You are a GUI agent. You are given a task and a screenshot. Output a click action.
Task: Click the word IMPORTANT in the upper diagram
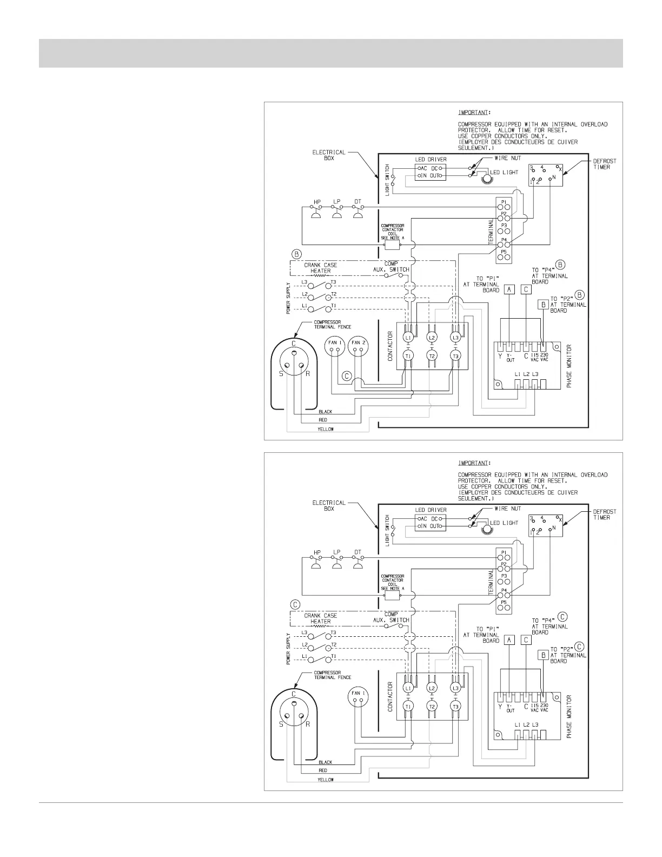tap(474, 113)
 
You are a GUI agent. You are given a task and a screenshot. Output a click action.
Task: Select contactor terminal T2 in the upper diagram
tap(431, 355)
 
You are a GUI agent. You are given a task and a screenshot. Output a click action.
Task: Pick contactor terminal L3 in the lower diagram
tap(455, 688)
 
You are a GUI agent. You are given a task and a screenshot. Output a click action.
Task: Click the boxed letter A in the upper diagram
tap(509, 289)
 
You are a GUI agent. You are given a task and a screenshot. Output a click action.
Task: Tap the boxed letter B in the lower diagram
tap(543, 655)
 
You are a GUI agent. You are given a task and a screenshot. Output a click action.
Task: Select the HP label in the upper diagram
tap(317, 202)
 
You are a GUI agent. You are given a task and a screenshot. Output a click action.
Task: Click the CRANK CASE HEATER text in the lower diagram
tap(320, 618)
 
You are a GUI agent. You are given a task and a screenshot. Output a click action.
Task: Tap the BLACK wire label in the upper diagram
tap(326, 412)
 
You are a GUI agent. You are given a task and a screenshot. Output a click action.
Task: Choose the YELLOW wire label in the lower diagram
tap(326, 780)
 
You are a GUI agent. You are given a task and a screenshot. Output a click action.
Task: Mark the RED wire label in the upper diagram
tap(323, 420)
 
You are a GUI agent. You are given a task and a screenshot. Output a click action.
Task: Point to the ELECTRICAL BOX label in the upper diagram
tap(329, 155)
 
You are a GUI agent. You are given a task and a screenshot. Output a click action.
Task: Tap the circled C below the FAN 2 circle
tap(346, 375)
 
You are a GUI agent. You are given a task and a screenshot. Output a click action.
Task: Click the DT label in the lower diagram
tap(358, 552)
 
